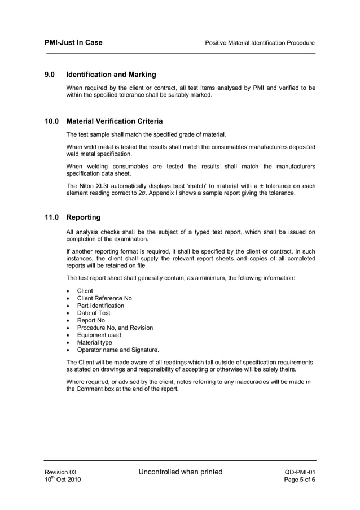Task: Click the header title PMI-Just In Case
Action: pos(73,42)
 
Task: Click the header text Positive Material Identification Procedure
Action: pos(260,43)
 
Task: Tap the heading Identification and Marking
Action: pos(111,75)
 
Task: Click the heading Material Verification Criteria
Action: pos(115,121)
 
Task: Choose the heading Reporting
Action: pos(84,217)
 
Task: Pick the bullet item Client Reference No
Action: pos(104,298)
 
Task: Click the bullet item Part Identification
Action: pos(100,306)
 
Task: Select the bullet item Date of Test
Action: pos(94,313)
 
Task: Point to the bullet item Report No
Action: pos(91,320)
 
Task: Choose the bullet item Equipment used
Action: pos(99,335)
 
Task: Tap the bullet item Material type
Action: pos(94,342)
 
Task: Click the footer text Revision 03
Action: pos(60,472)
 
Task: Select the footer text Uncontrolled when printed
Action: pos(181,472)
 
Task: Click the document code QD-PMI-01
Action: pos(300,472)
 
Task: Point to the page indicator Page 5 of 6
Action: pos(301,480)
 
